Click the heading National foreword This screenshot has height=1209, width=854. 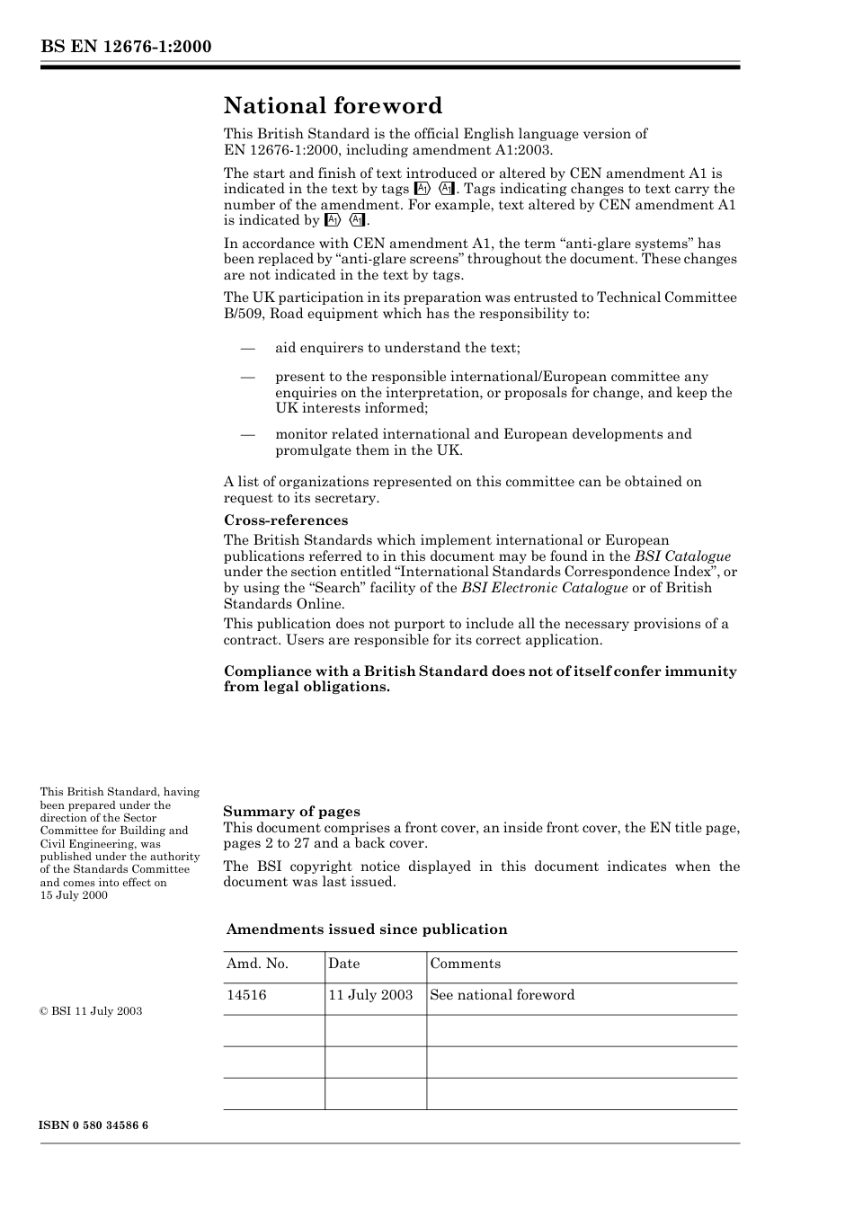click(333, 106)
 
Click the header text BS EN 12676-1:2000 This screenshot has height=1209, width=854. click(125, 46)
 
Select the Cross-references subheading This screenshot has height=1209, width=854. click(285, 520)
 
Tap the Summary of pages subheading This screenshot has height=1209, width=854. click(291, 812)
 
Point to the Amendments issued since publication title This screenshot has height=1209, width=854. click(367, 929)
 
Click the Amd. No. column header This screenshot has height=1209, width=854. click(257, 964)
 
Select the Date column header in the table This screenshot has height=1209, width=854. click(343, 964)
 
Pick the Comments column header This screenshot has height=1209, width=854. click(465, 964)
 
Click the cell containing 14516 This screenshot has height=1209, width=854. click(246, 995)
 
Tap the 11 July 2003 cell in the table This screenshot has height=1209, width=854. click(370, 995)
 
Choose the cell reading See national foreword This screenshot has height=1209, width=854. click(502, 995)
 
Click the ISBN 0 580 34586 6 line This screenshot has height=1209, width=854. click(93, 1125)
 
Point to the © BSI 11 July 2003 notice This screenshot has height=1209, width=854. click(91, 1011)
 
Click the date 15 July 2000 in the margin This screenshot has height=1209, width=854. click(74, 895)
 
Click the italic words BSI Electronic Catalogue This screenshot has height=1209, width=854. click(544, 588)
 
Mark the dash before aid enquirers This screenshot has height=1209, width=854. click(247, 348)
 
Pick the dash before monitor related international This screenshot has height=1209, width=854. click(247, 434)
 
